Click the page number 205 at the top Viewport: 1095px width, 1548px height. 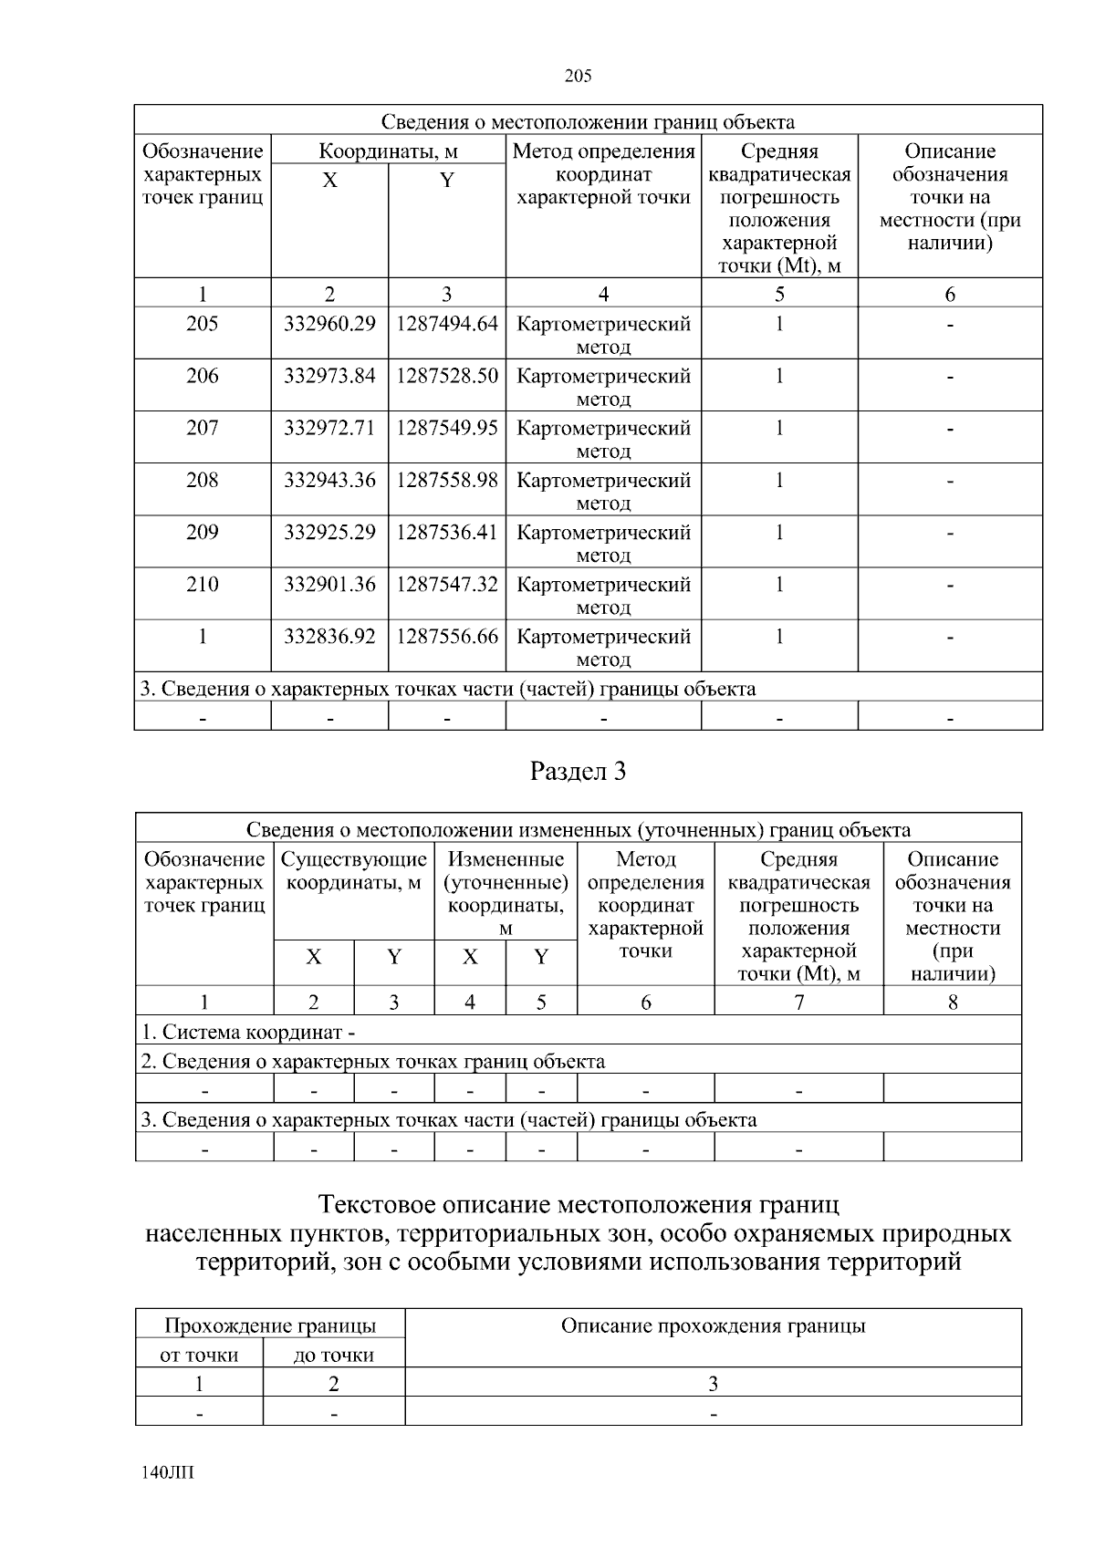coord(578,76)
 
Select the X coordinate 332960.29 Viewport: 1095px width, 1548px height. coord(329,324)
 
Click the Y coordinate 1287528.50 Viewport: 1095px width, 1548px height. coord(447,376)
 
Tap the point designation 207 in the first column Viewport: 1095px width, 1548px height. coord(202,428)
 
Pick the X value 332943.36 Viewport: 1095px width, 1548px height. coord(329,480)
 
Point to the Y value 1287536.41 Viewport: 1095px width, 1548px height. coord(447,532)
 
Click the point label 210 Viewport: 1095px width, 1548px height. coord(202,584)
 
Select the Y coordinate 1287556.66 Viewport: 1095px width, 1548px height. coord(447,636)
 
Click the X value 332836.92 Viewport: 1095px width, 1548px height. coord(329,636)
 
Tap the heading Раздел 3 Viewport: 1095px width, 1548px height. coord(578,772)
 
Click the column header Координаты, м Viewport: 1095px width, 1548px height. coord(388,151)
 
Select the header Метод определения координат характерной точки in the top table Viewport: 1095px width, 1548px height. coord(603,174)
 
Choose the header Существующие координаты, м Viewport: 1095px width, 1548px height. coord(354,871)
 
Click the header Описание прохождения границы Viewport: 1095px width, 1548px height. coord(713,1326)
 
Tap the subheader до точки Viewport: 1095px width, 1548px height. coord(334,1355)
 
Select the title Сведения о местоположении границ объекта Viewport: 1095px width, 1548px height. coord(588,121)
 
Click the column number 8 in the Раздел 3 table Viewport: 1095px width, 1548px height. coord(952,1003)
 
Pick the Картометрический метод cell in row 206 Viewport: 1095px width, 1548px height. coord(603,387)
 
